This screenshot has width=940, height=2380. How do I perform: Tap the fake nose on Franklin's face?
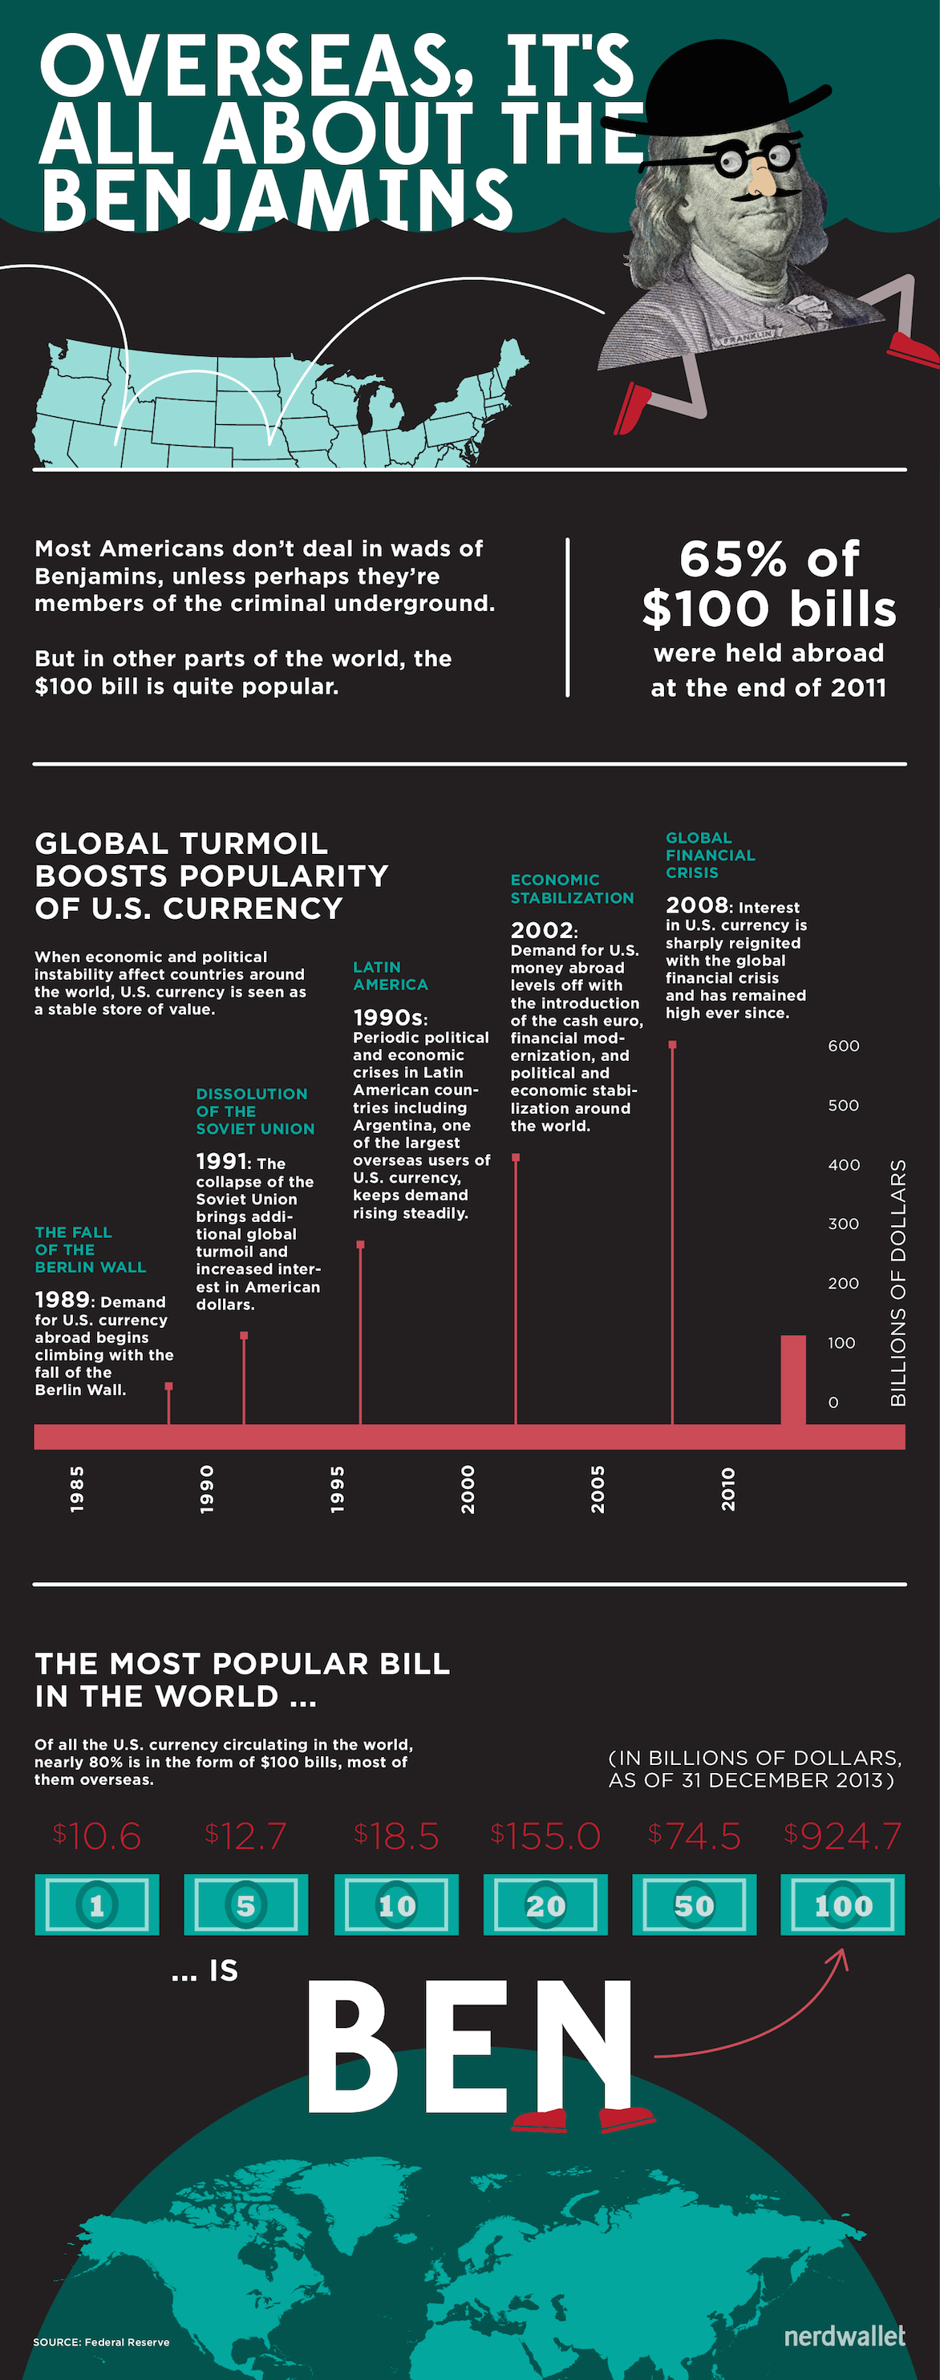[x=760, y=177]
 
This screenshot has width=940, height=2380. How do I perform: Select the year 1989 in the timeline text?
[x=62, y=1300]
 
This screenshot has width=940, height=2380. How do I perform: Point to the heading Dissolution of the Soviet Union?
[x=254, y=1111]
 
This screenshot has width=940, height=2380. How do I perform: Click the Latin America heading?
[x=389, y=976]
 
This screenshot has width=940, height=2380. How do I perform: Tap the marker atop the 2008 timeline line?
[x=672, y=1045]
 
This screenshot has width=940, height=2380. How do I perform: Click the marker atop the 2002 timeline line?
[x=516, y=1157]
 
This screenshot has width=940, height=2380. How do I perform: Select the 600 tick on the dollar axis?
[x=843, y=1046]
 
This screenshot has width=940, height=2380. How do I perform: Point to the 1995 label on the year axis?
[x=338, y=1488]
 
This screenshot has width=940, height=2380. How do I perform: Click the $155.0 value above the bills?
[x=545, y=1836]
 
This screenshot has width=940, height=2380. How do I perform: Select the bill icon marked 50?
[x=694, y=1904]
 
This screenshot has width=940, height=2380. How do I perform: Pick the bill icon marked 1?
[x=96, y=1904]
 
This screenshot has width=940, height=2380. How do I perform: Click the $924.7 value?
[x=842, y=1836]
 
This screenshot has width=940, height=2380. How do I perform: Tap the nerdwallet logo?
[x=844, y=2336]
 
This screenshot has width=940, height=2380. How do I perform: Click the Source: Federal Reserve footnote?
[x=101, y=2342]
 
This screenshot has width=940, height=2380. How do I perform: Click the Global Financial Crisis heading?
[x=710, y=855]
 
